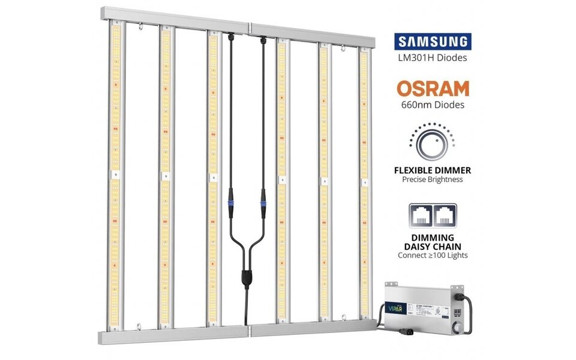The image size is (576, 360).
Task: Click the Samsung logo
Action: pos(433,42)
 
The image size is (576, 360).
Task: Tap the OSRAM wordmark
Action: pos(433,89)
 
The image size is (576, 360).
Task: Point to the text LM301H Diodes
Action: pos(433,58)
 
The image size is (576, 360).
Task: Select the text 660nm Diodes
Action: pos(433,105)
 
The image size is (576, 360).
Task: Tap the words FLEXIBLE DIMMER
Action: pos(433,170)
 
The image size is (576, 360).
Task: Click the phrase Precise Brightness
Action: pos(433,179)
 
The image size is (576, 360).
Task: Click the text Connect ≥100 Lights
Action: pos(433,255)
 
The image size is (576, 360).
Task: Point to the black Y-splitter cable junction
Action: pos(245,277)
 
